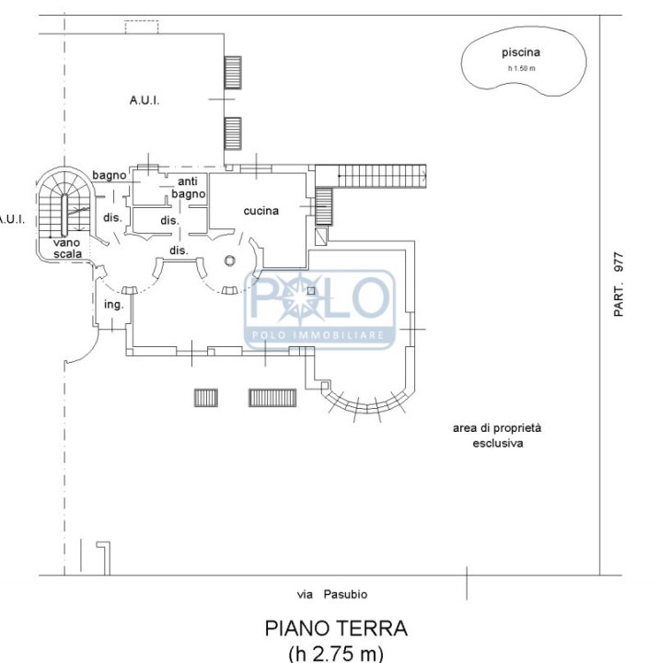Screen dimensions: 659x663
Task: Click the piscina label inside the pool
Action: click(521, 52)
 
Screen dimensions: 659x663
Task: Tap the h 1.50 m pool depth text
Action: click(522, 68)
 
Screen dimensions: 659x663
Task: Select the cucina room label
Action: click(261, 211)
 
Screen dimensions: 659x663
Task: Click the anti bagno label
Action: click(188, 188)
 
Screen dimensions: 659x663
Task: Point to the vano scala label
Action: click(67, 249)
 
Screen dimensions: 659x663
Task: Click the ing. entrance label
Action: click(114, 305)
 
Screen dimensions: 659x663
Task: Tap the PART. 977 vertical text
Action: click(619, 285)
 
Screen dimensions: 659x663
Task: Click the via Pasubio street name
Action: click(332, 594)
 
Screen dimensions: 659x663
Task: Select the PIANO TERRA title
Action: click(336, 628)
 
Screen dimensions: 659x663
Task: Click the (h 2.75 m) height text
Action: click(336, 653)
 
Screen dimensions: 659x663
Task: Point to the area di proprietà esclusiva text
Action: click(497, 436)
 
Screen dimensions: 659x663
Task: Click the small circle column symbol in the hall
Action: click(229, 261)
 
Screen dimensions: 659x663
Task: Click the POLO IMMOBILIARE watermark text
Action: click(318, 336)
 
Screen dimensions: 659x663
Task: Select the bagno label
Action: click(110, 176)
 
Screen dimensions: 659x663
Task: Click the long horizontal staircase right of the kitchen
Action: click(382, 176)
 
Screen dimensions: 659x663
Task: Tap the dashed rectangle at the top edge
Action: click(142, 27)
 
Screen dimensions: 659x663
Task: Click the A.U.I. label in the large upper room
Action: click(145, 100)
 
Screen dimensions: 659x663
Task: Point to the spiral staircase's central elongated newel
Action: click(64, 215)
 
